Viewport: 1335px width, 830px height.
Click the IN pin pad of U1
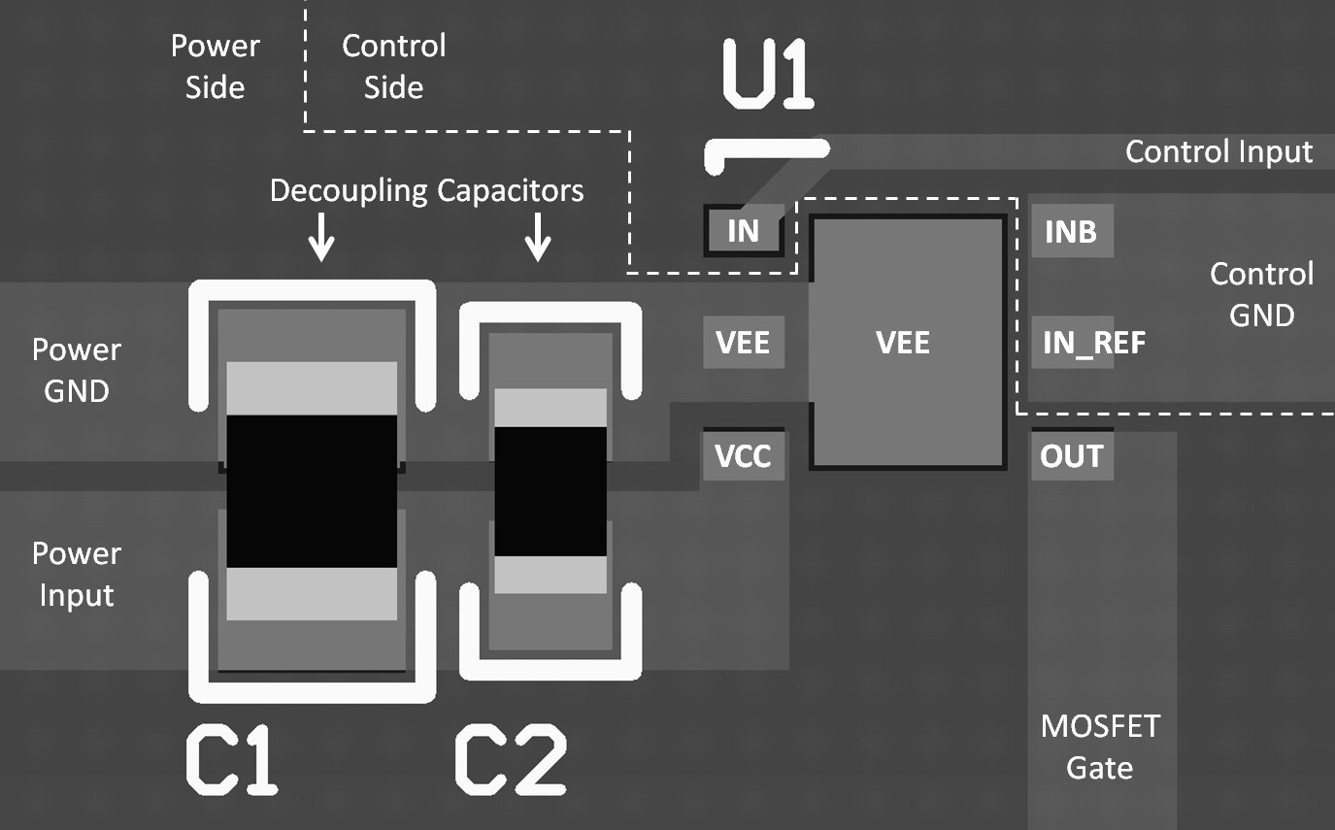[743, 230]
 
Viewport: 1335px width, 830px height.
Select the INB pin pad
[1072, 231]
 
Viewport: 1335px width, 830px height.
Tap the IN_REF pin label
[1093, 343]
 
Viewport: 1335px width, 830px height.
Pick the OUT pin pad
[1072, 455]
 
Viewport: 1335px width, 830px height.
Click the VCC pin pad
[744, 455]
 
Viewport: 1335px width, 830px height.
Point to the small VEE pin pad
[744, 342]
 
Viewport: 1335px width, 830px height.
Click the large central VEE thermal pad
[908, 342]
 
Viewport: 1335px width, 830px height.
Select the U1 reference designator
[768, 74]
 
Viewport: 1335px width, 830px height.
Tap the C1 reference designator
[232, 760]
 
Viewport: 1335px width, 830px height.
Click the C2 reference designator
[511, 760]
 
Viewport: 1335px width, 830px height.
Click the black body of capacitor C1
[312, 491]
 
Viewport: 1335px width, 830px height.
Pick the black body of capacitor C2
[551, 491]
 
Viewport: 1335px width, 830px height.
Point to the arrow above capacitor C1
[321, 237]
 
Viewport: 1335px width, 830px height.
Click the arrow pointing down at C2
[538, 237]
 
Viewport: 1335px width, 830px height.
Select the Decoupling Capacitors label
[427, 191]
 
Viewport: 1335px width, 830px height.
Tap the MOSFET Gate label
[1100, 747]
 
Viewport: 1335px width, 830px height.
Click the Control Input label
[1218, 151]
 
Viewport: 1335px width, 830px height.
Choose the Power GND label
[77, 370]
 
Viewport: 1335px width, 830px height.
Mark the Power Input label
[77, 575]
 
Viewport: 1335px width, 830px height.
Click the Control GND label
[1261, 294]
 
